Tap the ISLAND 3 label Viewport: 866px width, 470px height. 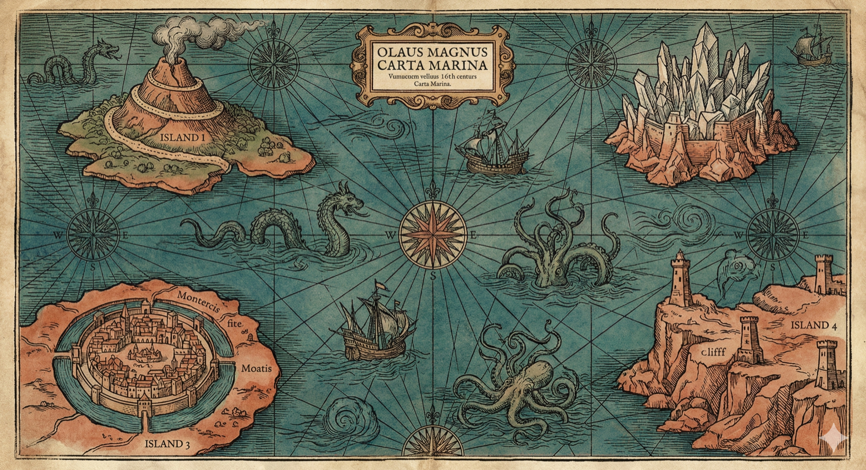tap(167, 444)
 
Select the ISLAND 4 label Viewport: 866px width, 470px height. tap(813, 325)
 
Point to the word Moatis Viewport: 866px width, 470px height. tap(256, 368)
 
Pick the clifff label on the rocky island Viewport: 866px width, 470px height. tap(714, 351)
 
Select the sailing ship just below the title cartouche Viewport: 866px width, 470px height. tap(492, 146)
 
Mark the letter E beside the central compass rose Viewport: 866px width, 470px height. tap(473, 235)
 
